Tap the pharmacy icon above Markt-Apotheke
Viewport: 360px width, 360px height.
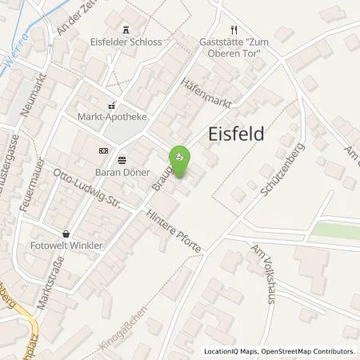pos(112,103)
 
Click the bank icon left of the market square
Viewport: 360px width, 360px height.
pos(102,150)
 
